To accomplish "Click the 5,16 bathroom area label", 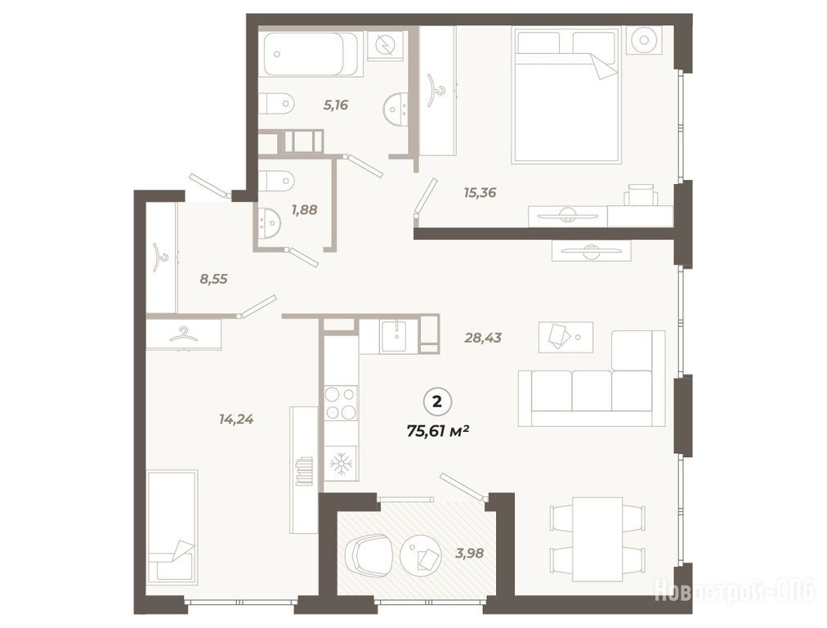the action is click(336, 105).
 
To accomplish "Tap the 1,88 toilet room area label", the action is click(304, 209).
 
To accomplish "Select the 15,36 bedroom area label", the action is click(480, 193).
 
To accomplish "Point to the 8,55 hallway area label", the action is click(213, 279).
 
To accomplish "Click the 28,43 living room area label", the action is click(483, 337).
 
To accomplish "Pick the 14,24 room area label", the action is click(236, 419).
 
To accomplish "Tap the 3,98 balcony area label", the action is click(469, 553).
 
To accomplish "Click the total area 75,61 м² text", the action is click(438, 431).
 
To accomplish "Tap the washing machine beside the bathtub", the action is click(387, 46).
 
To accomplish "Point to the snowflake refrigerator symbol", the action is click(342, 464).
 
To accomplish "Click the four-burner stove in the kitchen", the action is click(341, 402).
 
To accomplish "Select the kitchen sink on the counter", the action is click(394, 335).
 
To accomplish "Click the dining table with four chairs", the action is click(597, 539).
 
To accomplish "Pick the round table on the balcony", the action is click(422, 555).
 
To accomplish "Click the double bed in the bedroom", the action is click(566, 95).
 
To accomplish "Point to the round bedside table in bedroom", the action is click(643, 40).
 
